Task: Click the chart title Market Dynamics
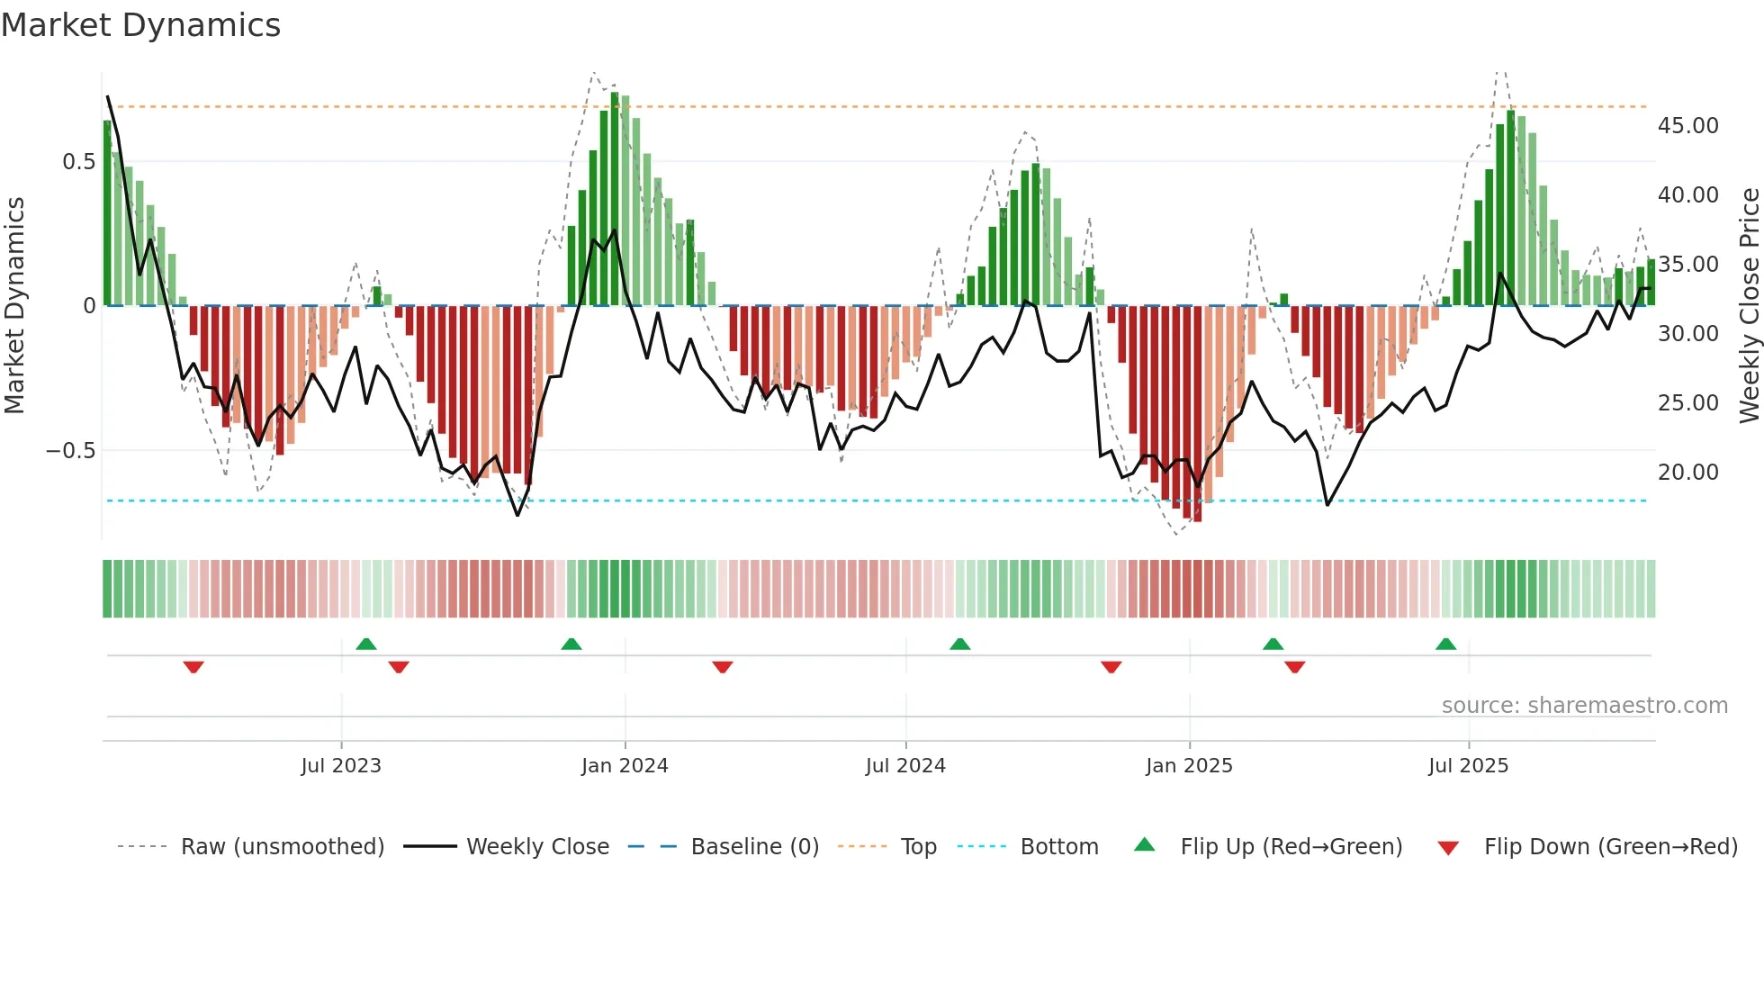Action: tap(140, 25)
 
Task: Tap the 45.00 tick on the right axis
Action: tap(1687, 126)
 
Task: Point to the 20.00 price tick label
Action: tap(1687, 473)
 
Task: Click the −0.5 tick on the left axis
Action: tap(70, 451)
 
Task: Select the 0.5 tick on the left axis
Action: tap(78, 162)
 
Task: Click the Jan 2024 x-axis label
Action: tap(625, 766)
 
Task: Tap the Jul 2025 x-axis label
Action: tap(1468, 766)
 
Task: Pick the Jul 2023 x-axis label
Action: tap(341, 766)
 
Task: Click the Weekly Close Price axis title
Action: tap(1749, 306)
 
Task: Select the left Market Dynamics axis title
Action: tap(14, 306)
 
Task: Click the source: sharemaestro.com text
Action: tap(1584, 706)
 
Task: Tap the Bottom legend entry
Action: tap(1058, 847)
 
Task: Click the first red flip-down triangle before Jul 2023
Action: tap(193, 667)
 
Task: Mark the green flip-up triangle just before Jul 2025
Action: tap(1445, 644)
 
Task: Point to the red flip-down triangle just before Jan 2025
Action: tap(1111, 667)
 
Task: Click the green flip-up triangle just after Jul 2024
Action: tap(959, 644)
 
